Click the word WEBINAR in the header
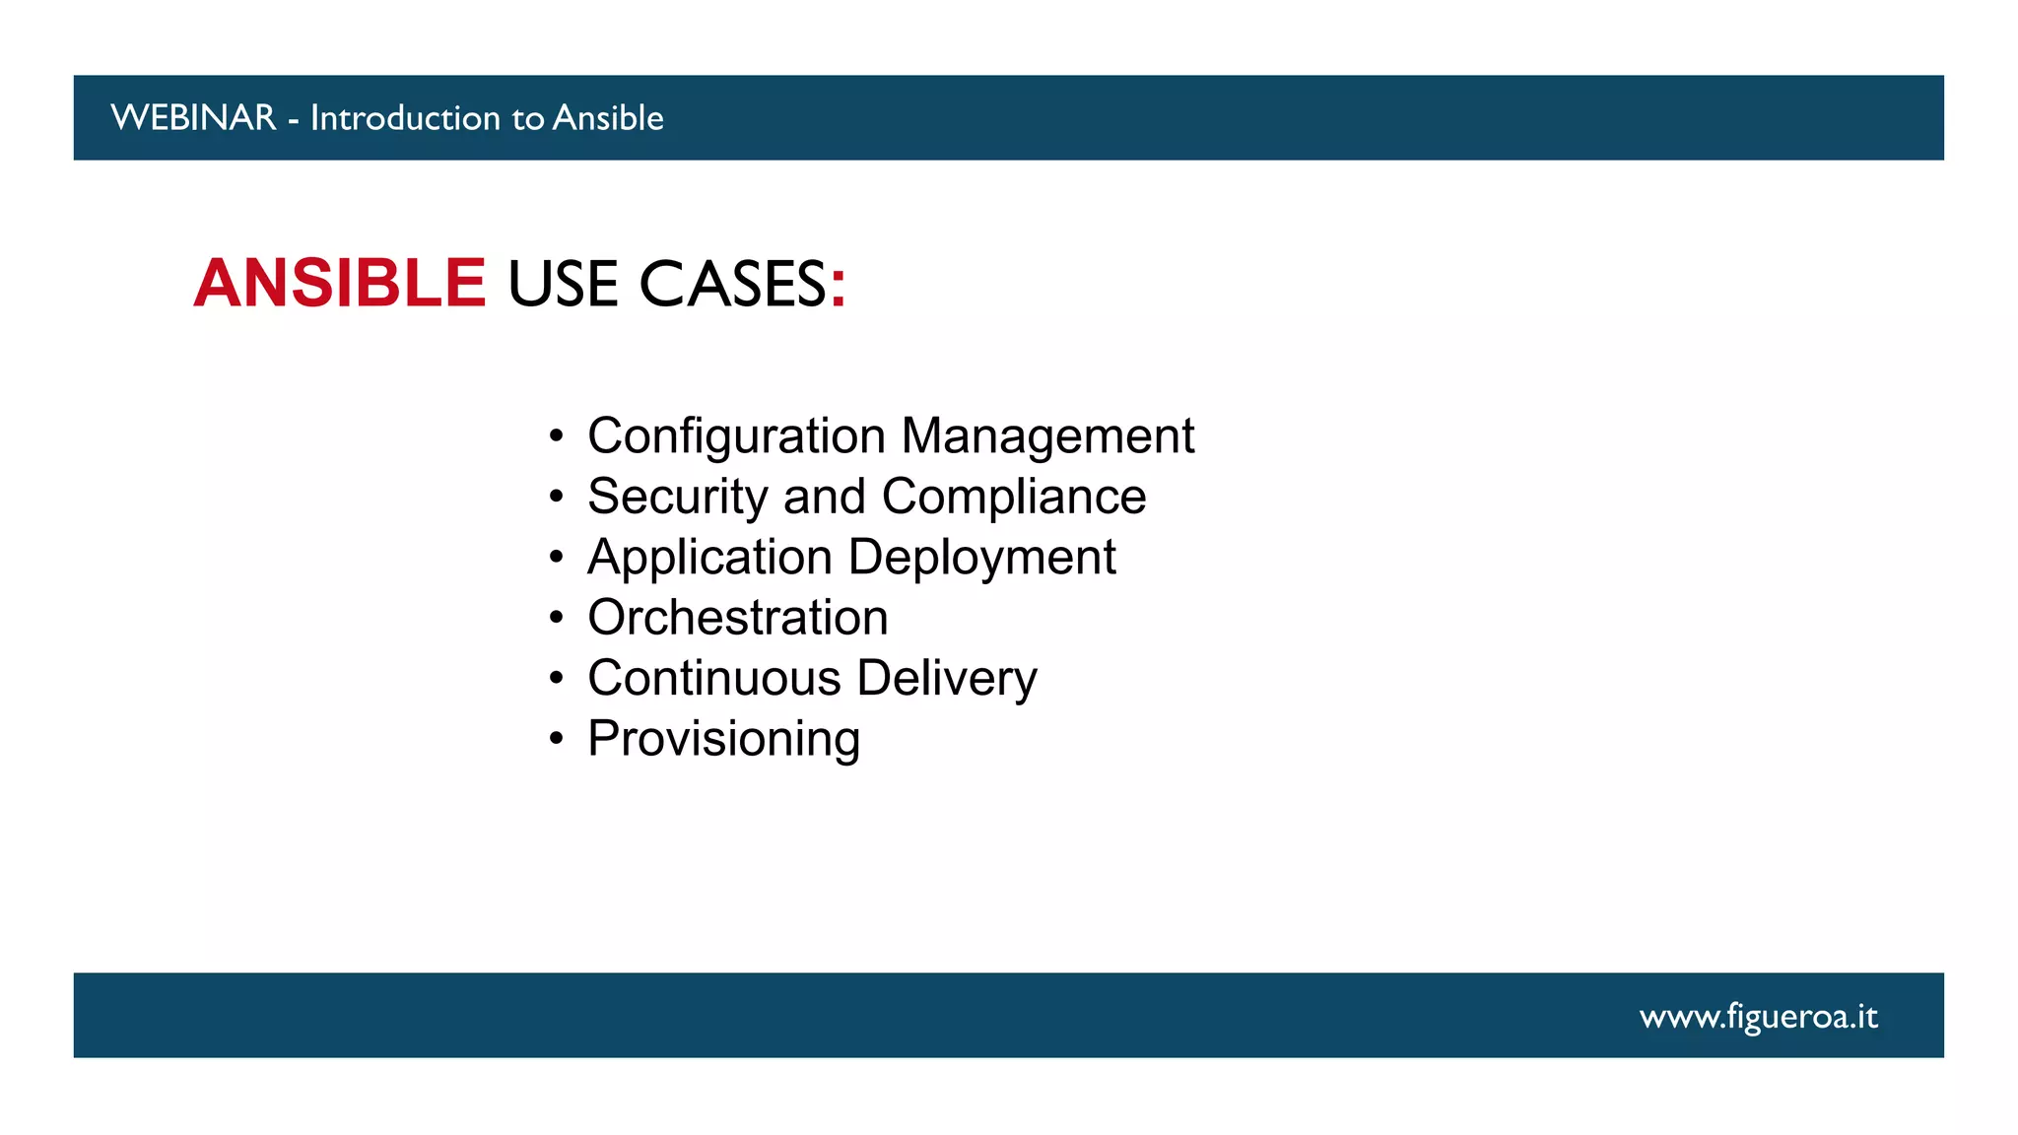[x=193, y=118]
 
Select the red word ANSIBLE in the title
[x=340, y=284]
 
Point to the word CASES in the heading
[x=732, y=285]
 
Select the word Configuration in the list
[x=736, y=436]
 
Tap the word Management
[x=1047, y=436]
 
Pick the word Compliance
[x=1014, y=497]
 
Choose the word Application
[x=709, y=558]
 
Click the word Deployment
[x=981, y=558]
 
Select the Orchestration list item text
[x=738, y=618]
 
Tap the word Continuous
[x=714, y=678]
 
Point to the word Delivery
[x=946, y=678]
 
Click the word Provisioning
[x=724, y=739]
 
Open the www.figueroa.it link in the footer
[x=1758, y=1016]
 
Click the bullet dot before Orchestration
[x=557, y=619]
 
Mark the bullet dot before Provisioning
[x=557, y=739]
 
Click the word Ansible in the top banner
[x=608, y=118]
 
